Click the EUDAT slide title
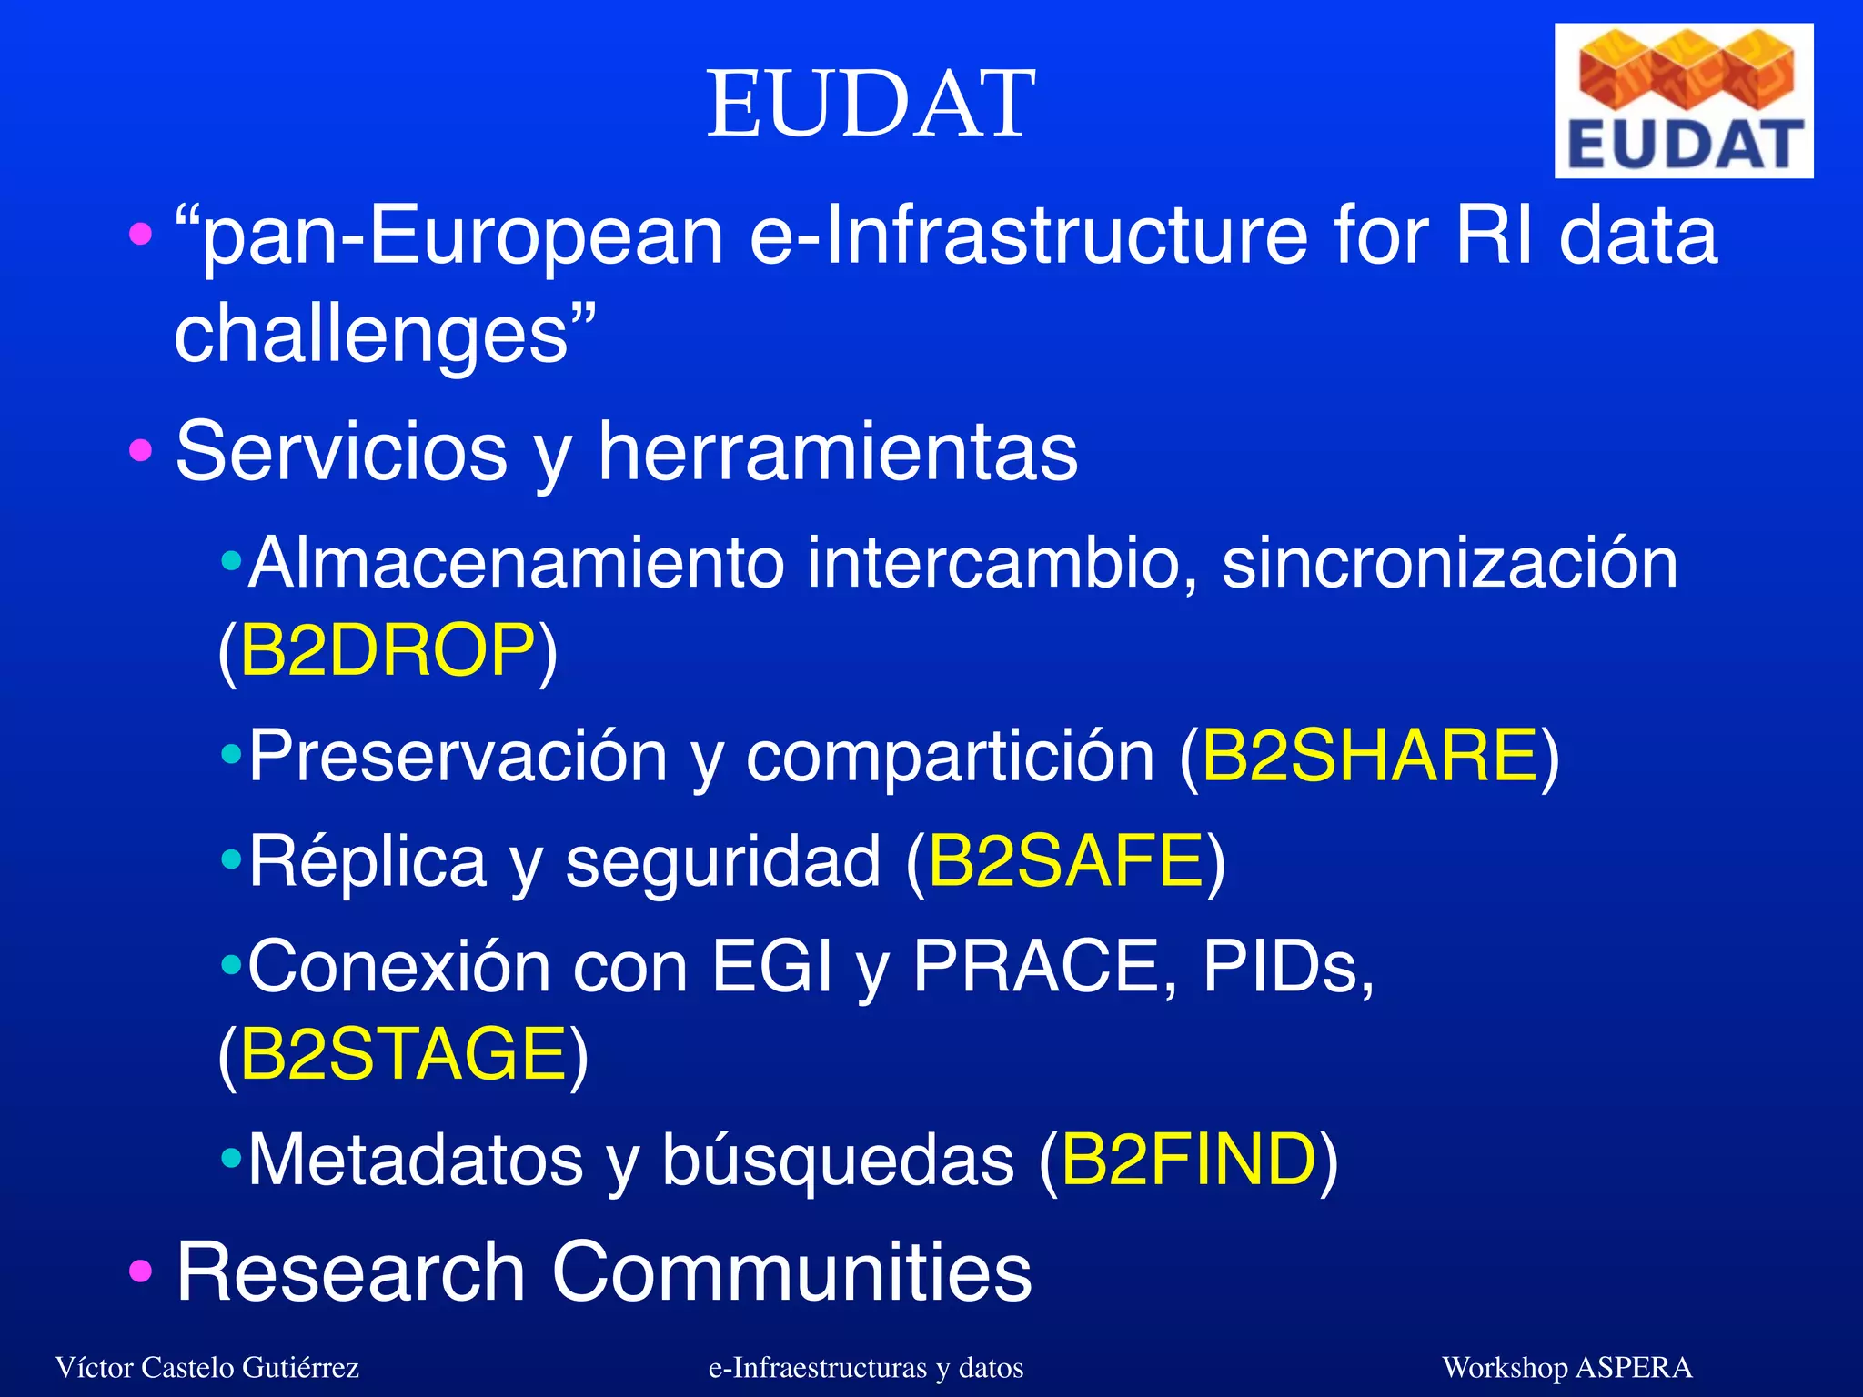tap(871, 105)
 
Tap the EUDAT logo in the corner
tap(1683, 101)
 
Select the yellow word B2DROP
tap(388, 651)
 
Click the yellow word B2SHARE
tap(1370, 757)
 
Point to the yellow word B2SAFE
tap(1066, 861)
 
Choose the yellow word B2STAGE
tap(404, 1054)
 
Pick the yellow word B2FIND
tap(1189, 1160)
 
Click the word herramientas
tap(838, 452)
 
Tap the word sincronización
tap(1449, 564)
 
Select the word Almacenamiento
tap(516, 564)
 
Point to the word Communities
tap(791, 1271)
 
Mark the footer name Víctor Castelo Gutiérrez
tap(207, 1368)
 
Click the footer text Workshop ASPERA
tap(1566, 1368)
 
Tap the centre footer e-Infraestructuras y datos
tap(866, 1368)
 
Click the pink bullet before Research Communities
tap(140, 1271)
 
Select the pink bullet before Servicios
tap(140, 450)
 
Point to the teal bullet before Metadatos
tap(232, 1158)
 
